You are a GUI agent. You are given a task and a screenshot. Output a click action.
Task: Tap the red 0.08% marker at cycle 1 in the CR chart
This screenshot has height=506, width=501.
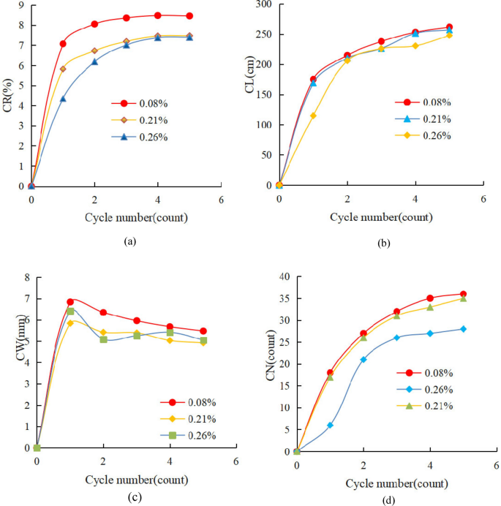(63, 44)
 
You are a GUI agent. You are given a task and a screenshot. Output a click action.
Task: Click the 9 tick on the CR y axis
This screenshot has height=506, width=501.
(21, 5)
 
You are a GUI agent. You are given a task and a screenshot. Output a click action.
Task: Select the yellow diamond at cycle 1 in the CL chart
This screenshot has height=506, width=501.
(313, 116)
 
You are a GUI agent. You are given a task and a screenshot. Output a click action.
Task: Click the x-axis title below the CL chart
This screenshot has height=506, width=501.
(380, 217)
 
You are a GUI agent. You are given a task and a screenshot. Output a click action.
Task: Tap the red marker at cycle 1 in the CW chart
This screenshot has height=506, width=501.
(70, 302)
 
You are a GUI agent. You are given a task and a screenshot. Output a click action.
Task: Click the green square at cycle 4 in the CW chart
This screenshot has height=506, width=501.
(170, 333)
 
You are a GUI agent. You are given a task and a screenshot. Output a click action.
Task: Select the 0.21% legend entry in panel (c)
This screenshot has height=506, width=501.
(194, 419)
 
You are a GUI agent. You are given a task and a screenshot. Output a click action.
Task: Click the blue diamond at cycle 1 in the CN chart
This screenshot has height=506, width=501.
(330, 425)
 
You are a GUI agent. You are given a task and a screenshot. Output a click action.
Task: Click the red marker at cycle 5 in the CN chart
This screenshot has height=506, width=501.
(463, 294)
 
